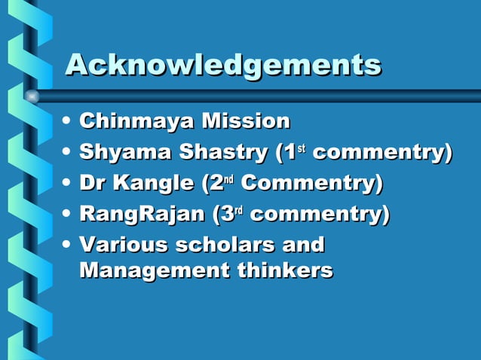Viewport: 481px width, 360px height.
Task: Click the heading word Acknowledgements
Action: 223,65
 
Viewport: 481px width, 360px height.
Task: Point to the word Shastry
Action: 224,152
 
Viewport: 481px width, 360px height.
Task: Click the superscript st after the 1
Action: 300,148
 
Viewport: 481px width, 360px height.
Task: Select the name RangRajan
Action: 142,215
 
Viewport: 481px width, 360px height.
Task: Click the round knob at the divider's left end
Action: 32,96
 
